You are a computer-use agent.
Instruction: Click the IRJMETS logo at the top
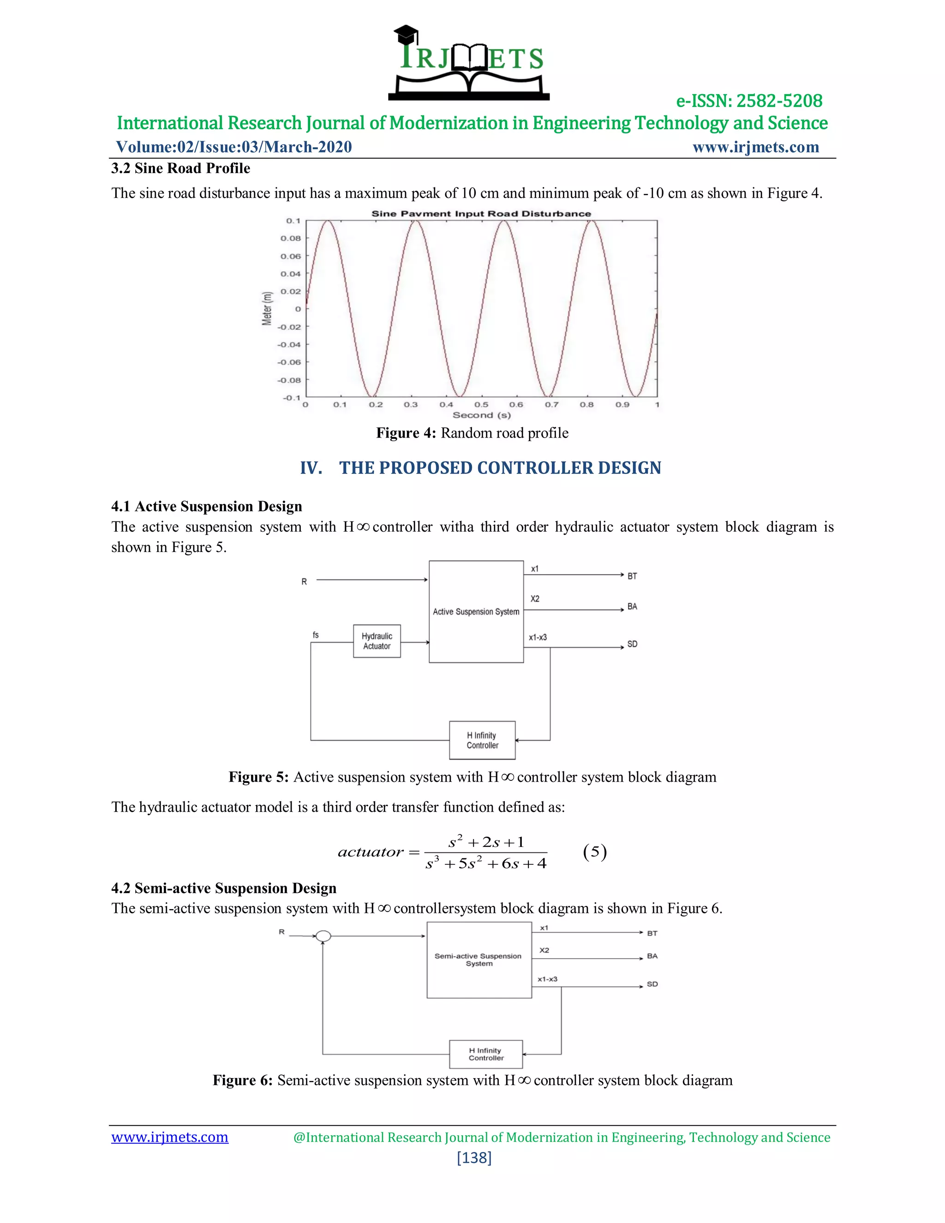coord(469,63)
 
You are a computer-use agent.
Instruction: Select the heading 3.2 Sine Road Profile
coord(180,168)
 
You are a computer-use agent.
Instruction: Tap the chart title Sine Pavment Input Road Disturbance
coord(481,213)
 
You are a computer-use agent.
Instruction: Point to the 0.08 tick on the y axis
coord(291,239)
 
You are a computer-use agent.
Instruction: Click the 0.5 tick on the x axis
coord(481,405)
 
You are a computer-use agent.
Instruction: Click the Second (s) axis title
coord(481,415)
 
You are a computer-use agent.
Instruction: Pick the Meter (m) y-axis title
coord(267,309)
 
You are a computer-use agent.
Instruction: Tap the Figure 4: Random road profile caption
coord(472,433)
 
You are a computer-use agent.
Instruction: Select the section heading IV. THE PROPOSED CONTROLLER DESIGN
coord(480,468)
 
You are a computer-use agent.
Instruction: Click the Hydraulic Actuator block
coord(377,641)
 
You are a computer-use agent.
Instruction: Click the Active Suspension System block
coord(476,612)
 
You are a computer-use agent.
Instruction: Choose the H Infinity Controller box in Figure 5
coord(482,740)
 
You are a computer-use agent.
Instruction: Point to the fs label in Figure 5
coord(316,635)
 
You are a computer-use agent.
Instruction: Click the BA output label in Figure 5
coord(632,606)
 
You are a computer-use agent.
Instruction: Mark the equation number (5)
coord(594,852)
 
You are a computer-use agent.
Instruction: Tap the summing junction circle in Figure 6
coord(323,936)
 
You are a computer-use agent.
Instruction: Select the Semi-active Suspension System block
coord(478,960)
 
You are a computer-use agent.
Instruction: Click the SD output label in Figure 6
coord(652,984)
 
